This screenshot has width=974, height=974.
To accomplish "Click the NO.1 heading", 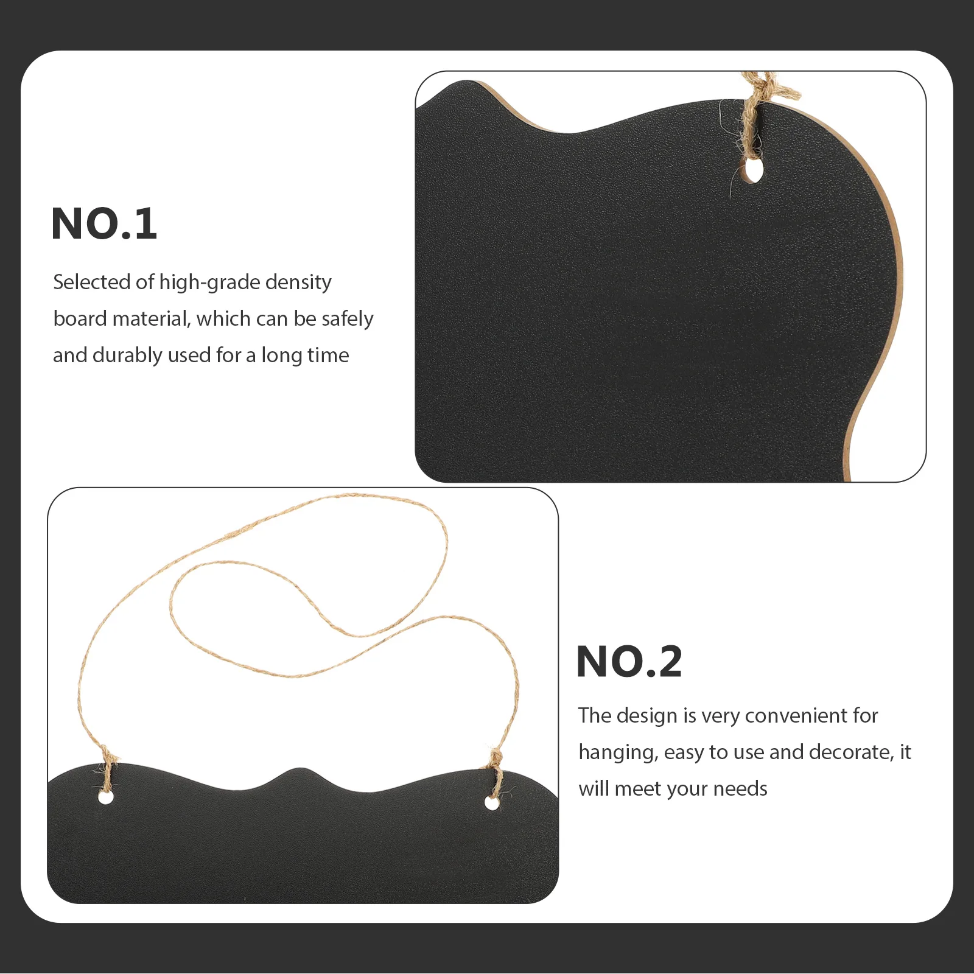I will tap(104, 224).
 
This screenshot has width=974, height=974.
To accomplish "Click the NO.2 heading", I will tap(629, 662).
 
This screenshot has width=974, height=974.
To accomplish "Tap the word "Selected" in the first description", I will tap(91, 282).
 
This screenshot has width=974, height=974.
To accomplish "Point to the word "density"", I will tap(298, 282).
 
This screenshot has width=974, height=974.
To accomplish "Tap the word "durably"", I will tap(127, 355).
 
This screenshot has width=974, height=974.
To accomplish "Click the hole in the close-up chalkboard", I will tap(754, 170).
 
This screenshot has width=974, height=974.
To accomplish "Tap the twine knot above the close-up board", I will tap(761, 88).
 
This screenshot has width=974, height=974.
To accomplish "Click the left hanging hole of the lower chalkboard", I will tap(106, 796).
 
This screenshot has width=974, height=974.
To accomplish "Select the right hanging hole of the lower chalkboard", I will tap(492, 803).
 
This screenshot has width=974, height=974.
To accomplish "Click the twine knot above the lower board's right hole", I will tap(497, 758).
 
